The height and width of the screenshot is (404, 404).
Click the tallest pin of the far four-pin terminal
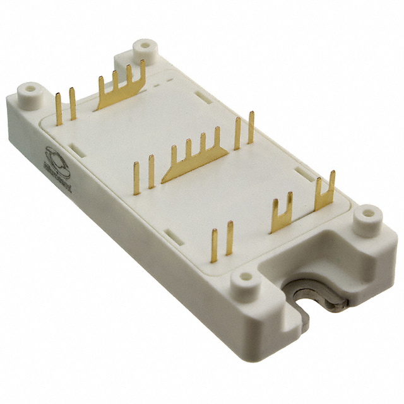coord(143,73)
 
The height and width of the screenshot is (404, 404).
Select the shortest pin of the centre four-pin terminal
coord(174,157)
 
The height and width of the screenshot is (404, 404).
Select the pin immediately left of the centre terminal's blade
coord(151,170)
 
